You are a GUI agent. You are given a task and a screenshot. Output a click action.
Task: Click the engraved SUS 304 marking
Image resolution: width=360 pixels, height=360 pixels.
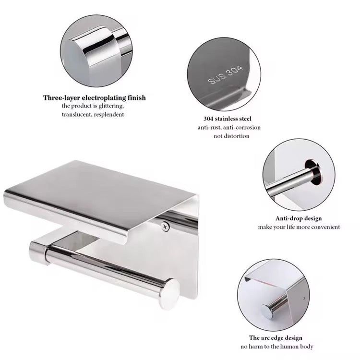[225, 75]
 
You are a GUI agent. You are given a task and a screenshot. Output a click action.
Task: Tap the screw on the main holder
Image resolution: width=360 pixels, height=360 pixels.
[165, 226]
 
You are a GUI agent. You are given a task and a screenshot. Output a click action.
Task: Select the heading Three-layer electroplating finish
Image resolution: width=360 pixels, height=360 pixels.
[95, 98]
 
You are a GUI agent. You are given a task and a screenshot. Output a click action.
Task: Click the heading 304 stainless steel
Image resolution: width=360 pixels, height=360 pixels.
[228, 119]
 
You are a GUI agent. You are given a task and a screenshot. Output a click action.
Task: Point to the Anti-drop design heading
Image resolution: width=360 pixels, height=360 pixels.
[299, 218]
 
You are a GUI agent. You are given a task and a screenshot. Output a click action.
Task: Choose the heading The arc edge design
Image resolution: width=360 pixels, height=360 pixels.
[276, 338]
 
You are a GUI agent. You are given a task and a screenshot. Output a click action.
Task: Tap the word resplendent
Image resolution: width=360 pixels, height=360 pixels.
[109, 114]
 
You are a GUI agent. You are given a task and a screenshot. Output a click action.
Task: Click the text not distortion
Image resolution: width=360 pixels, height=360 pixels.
[231, 136]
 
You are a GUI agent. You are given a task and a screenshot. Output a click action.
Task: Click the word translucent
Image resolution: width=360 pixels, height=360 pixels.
[77, 114]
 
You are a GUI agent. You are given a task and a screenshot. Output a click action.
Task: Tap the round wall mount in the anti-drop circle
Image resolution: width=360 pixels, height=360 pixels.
[313, 173]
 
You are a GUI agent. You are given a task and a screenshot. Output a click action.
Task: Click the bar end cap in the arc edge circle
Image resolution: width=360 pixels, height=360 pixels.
[268, 312]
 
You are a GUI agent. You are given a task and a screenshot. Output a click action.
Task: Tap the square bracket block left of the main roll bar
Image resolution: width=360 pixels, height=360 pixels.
[39, 252]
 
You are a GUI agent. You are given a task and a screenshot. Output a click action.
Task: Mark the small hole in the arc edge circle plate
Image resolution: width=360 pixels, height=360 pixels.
[304, 299]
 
